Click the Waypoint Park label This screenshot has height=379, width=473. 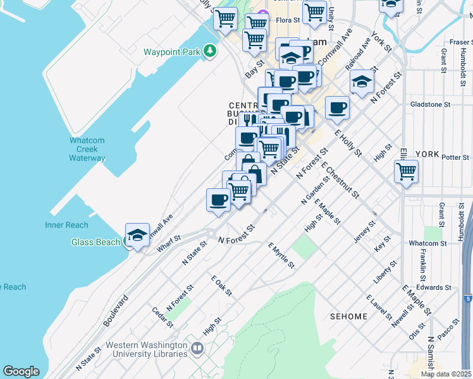[171, 52]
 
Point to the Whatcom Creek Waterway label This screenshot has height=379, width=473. [87, 149]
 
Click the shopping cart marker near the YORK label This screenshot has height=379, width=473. [406, 171]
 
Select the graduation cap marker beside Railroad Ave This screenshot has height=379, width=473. [362, 82]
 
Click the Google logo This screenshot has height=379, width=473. [21, 371]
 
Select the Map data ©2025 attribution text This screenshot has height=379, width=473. [446, 374]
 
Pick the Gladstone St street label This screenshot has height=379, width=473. [430, 104]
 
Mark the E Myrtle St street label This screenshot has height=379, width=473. [281, 255]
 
